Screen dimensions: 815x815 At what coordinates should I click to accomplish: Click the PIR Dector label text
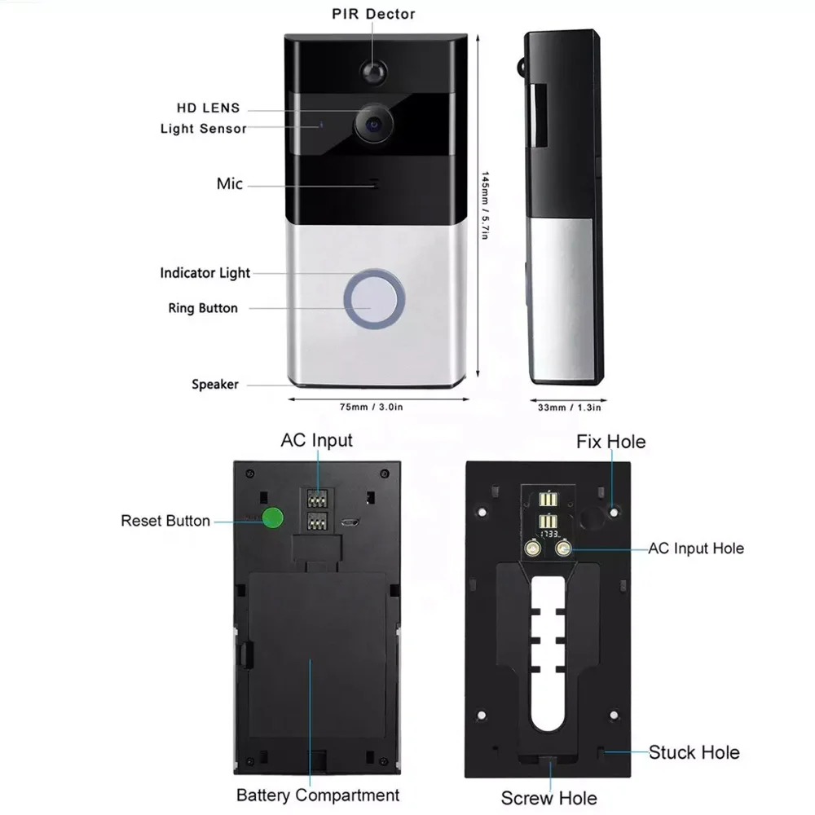coord(374,14)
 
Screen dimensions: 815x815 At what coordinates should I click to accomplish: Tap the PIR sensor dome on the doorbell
coord(374,72)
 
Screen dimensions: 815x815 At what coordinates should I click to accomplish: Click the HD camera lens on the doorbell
coord(374,124)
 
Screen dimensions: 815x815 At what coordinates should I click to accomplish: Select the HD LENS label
coord(209,108)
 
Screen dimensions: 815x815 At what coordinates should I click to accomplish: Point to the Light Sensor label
coord(203,129)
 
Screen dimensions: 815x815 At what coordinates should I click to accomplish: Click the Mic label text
coord(230,183)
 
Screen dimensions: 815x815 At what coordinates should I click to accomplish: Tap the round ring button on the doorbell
coord(374,299)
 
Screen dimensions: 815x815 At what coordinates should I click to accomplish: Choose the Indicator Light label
coord(205,273)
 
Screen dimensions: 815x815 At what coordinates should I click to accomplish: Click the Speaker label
coord(215,384)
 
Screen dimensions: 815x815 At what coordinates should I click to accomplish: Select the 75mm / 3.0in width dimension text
coord(371,407)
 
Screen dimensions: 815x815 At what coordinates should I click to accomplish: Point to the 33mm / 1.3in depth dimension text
coord(569,407)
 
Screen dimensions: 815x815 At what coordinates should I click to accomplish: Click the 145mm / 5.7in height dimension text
coord(484,205)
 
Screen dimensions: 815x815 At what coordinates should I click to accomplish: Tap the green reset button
coord(273,518)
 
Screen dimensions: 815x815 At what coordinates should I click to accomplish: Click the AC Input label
coord(316,440)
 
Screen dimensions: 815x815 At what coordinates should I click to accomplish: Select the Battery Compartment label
coord(318,795)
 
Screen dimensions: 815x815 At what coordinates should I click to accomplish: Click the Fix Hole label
coord(610,442)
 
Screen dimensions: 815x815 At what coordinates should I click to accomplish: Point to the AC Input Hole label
coord(696,548)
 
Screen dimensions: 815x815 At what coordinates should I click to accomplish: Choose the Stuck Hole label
coord(694,752)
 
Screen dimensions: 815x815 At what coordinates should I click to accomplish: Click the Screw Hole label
coord(548,798)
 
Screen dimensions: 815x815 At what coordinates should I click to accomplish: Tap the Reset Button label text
coord(165,521)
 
